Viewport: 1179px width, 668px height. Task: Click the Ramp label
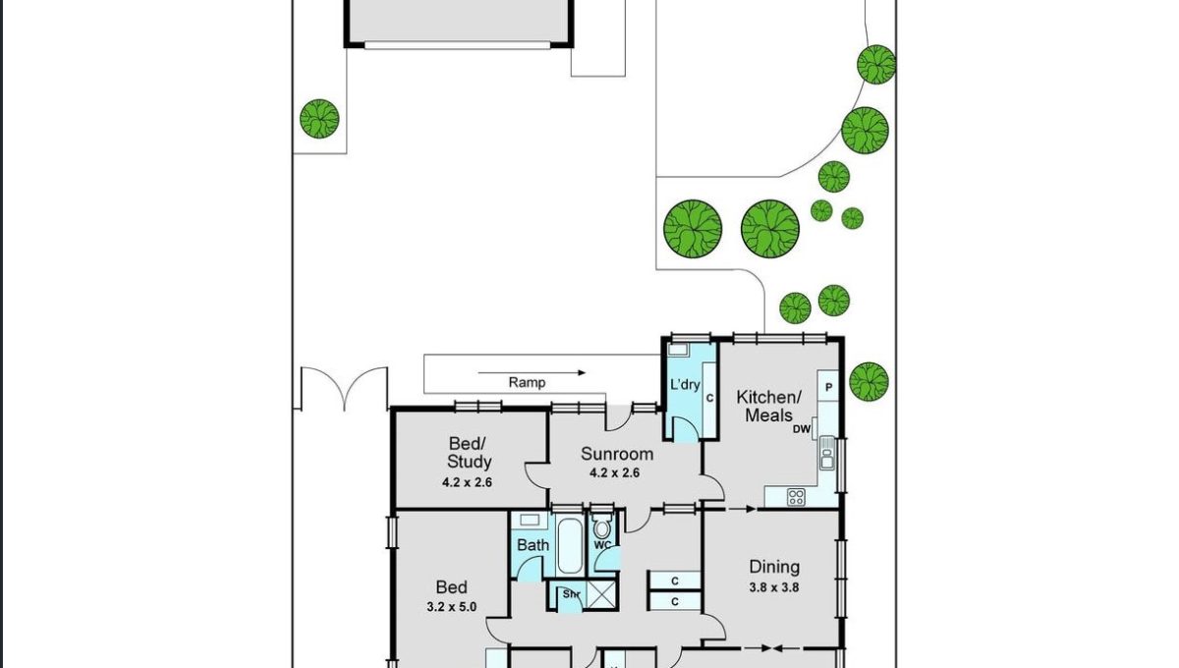coord(527,383)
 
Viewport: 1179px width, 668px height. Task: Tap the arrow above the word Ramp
coord(532,372)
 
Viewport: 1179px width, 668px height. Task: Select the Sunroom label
coord(617,454)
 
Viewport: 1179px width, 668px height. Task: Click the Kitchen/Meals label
coord(768,406)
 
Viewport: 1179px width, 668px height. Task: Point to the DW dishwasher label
coord(802,429)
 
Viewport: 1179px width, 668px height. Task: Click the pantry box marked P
coord(828,386)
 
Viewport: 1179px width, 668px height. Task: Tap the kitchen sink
coord(827,453)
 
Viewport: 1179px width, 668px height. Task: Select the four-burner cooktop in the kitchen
coord(796,497)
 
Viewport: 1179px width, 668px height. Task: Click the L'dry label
coord(685,384)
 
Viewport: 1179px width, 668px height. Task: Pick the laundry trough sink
coord(678,350)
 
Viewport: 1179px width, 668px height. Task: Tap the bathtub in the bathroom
coord(570,546)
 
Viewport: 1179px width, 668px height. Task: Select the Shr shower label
coord(571,594)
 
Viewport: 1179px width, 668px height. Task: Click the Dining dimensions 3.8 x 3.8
coord(774,586)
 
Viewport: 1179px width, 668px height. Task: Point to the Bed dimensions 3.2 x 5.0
coord(452,607)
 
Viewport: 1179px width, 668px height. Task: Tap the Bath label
coord(533,545)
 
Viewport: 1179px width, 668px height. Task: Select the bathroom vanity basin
coord(529,520)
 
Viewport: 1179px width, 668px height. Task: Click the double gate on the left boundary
coord(344,388)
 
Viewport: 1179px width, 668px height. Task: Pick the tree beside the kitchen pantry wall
coord(869,381)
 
